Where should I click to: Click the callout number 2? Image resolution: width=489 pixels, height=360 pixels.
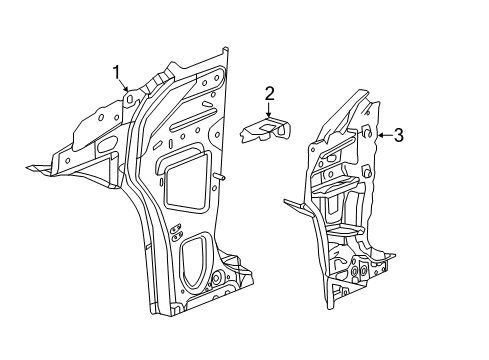tap(269, 93)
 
